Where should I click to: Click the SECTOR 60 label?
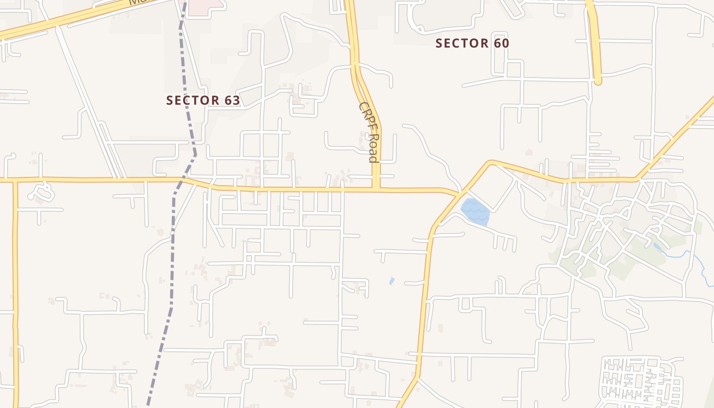click(x=472, y=43)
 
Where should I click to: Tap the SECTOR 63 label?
click(x=203, y=100)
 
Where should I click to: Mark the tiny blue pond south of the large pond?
click(x=392, y=280)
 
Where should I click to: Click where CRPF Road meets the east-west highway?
click(x=376, y=189)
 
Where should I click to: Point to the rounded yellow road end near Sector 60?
click(x=598, y=81)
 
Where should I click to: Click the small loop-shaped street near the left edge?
click(x=41, y=193)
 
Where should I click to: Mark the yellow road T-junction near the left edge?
click(x=15, y=180)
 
